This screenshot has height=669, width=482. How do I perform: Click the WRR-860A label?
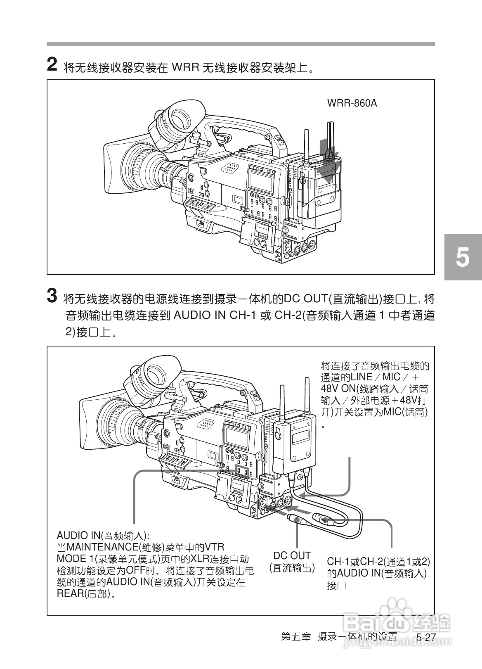[352, 103]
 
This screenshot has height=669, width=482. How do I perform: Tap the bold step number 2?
[52, 65]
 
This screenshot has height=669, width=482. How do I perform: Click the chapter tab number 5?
[463, 257]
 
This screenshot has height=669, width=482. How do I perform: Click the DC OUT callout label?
[292, 555]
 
